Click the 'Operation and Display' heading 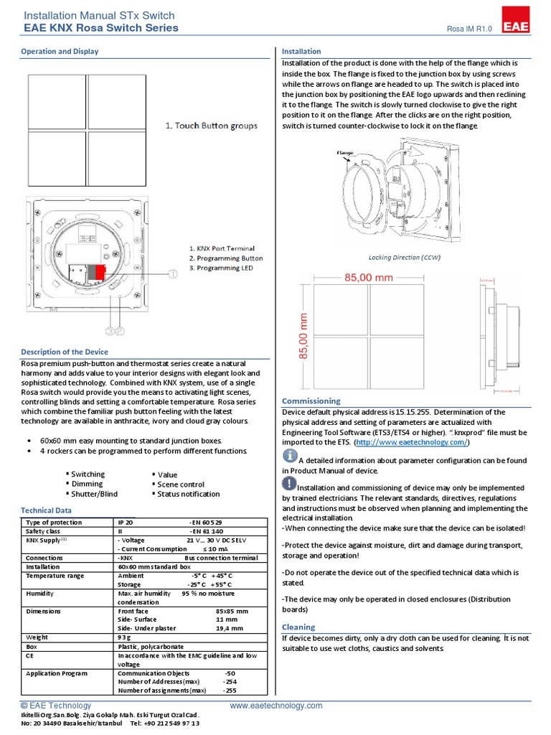pyautogui.click(x=60, y=52)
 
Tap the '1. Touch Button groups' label pyautogui.click(x=211, y=126)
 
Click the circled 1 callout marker pyautogui.click(x=171, y=273)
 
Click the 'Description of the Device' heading pyautogui.click(x=65, y=352)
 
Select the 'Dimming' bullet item pyautogui.click(x=87, y=484)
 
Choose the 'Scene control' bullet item pyautogui.click(x=181, y=484)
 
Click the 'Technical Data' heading pyautogui.click(x=47, y=510)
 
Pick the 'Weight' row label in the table pyautogui.click(x=37, y=637)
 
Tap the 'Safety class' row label pyautogui.click(x=43, y=531)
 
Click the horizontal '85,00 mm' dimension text pyautogui.click(x=369, y=276)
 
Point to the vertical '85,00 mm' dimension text pyautogui.click(x=303, y=336)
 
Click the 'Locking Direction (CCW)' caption pyautogui.click(x=405, y=257)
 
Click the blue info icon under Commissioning pyautogui.click(x=290, y=457)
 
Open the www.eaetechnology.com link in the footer pyautogui.click(x=276, y=706)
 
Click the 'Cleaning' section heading pyautogui.click(x=298, y=627)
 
